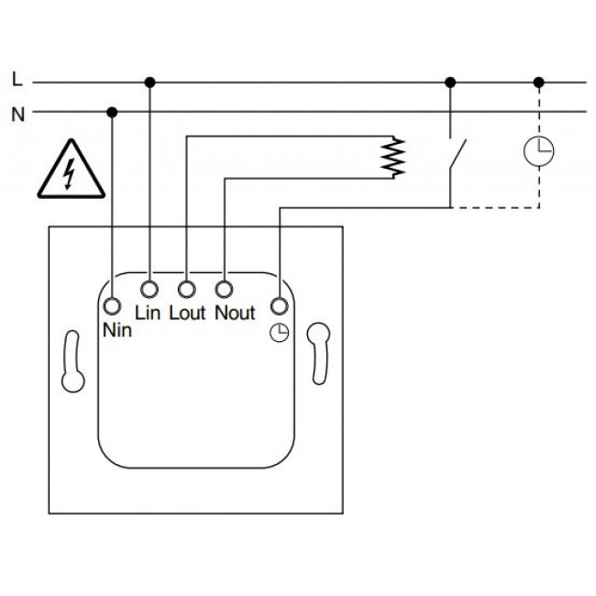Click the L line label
(17, 81)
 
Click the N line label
(17, 115)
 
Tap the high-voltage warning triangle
(71, 171)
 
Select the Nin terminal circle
(112, 306)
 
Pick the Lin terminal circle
(149, 291)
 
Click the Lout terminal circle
(186, 291)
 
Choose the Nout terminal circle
(224, 291)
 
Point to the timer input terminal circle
(279, 306)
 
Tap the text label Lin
(148, 314)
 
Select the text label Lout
(187, 314)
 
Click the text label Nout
(234, 314)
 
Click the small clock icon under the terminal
(279, 334)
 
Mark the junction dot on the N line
(112, 112)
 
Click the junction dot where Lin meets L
(149, 82)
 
